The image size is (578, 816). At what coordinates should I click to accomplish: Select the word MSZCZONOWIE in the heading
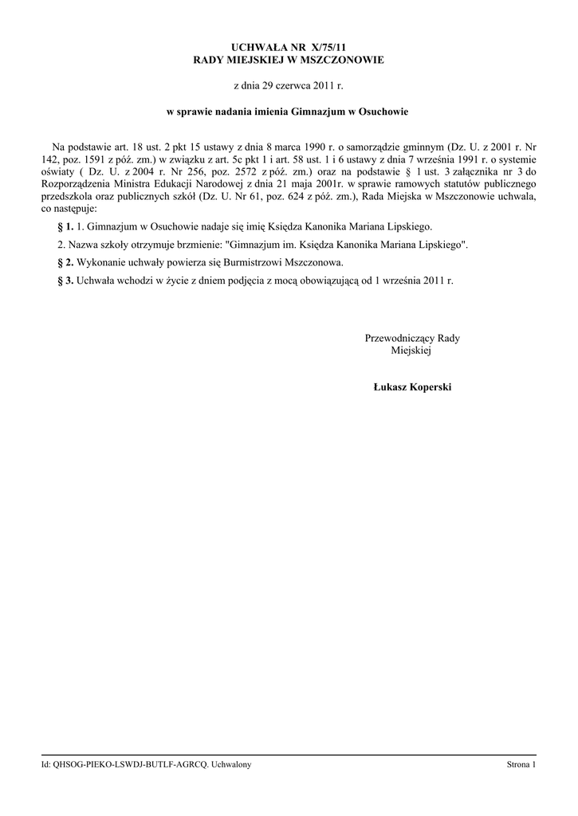(343, 61)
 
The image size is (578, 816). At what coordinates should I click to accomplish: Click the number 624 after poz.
(300, 196)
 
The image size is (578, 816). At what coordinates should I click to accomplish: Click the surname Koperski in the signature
(429, 387)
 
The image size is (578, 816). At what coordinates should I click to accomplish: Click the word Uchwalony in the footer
(232, 765)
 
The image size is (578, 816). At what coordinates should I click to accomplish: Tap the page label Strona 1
(521, 765)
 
